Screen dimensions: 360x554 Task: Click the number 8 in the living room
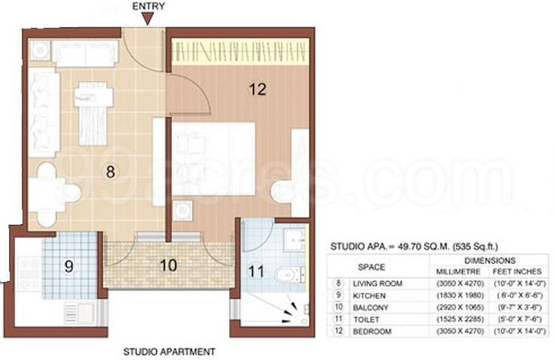pos(110,171)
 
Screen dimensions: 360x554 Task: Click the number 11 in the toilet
pos(256,271)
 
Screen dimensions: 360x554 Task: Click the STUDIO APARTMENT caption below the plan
pos(169,352)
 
